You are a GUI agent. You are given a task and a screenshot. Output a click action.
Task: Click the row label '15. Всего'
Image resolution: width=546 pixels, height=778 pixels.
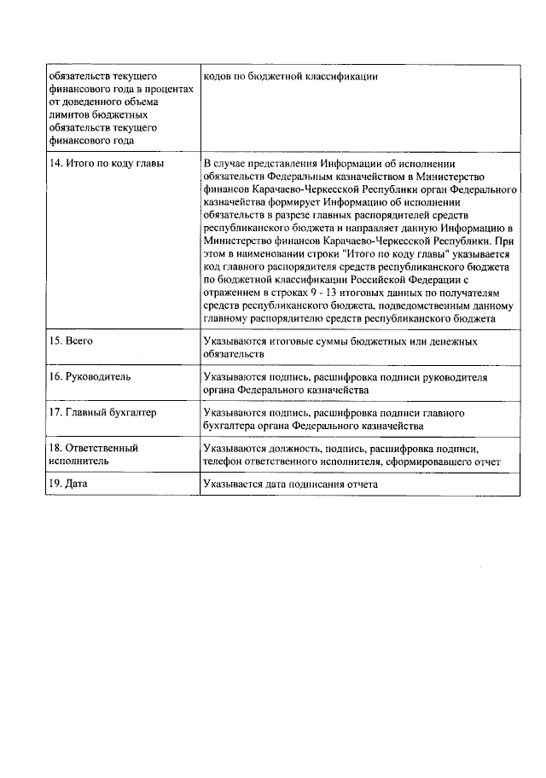(x=71, y=341)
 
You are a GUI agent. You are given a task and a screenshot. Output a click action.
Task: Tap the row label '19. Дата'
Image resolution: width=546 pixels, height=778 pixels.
(x=69, y=485)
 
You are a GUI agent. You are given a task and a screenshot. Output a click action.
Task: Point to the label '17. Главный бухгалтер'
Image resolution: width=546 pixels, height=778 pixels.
(x=103, y=413)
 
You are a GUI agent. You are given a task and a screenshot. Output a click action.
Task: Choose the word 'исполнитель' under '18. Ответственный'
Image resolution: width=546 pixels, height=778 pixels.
(x=78, y=462)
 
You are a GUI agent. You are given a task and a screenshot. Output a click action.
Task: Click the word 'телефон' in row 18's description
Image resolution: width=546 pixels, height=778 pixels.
(x=224, y=462)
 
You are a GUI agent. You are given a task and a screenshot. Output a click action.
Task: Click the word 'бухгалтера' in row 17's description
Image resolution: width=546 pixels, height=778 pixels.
(x=230, y=426)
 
